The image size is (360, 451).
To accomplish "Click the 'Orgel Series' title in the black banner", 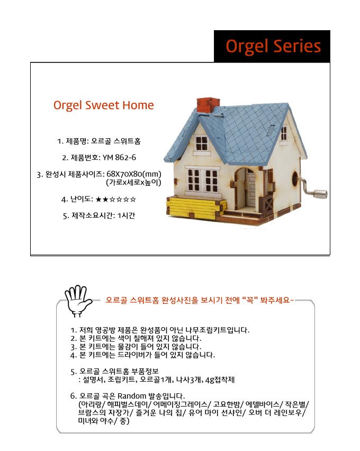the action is coord(273,47).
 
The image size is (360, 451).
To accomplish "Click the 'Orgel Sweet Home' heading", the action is coord(104,105).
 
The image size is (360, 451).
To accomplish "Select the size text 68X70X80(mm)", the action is coord(134,174).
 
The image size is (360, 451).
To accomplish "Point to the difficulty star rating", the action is coord(116,199).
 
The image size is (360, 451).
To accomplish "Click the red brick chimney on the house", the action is coord(208,105).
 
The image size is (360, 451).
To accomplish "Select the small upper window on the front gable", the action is coord(201,143).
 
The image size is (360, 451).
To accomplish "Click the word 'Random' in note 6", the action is coord(132,396).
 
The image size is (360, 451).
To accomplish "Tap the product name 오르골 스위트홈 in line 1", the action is coord(116,141).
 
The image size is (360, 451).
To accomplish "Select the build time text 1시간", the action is coord(126,216).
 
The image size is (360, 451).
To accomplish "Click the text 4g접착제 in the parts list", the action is coord(220,380).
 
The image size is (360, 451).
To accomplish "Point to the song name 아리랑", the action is coord(91,404).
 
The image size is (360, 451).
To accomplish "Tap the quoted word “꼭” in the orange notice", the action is coord(249,300).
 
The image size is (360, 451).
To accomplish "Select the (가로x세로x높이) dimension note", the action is coord(133,182).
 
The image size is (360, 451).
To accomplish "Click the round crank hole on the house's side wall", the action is coord(295,178).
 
